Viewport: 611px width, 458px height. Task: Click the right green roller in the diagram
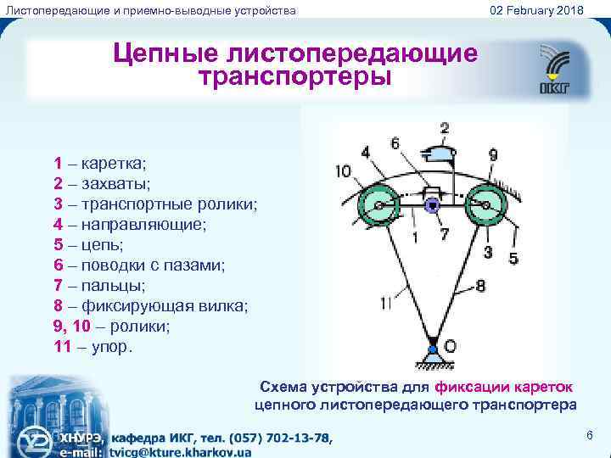point(488,204)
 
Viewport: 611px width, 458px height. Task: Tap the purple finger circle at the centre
point(433,204)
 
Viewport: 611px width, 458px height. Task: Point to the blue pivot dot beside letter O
point(433,349)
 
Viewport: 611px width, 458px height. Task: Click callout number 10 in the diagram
point(343,171)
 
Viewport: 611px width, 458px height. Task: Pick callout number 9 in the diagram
point(493,154)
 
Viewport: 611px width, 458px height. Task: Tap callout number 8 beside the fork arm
point(480,286)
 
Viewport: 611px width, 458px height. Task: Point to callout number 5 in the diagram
point(513,258)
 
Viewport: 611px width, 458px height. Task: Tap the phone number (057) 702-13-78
point(272,438)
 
